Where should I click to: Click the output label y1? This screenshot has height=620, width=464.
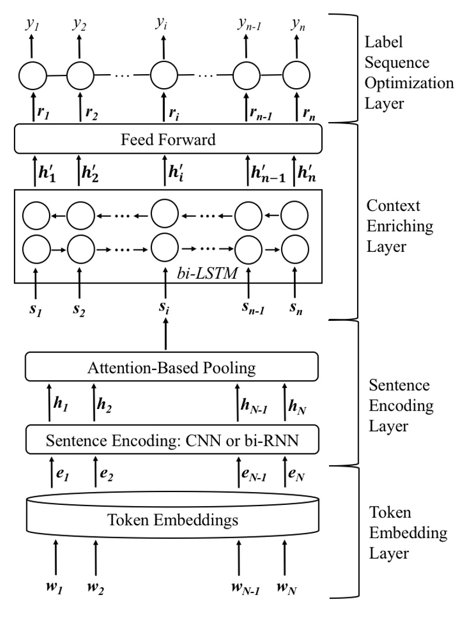32,24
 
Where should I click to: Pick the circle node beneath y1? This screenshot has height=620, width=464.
32,75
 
